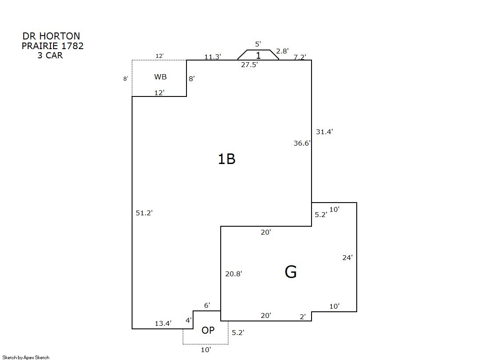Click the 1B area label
tap(226, 159)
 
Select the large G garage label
tap(290, 272)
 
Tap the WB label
tap(160, 77)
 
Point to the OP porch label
tap(208, 330)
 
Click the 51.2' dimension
tap(144, 213)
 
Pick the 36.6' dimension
tap(302, 143)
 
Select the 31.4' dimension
tap(324, 132)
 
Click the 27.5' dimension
tap(249, 64)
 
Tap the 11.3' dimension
tap(213, 57)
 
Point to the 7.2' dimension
tap(300, 57)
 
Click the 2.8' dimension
tap(282, 51)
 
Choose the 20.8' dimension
tap(233, 274)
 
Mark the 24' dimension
tap(347, 258)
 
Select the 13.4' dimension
tap(163, 323)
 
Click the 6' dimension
tap(207, 305)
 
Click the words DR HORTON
tap(51, 36)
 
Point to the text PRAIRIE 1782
tap(53, 46)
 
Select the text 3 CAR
tap(50, 55)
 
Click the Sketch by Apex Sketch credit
tap(26, 357)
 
